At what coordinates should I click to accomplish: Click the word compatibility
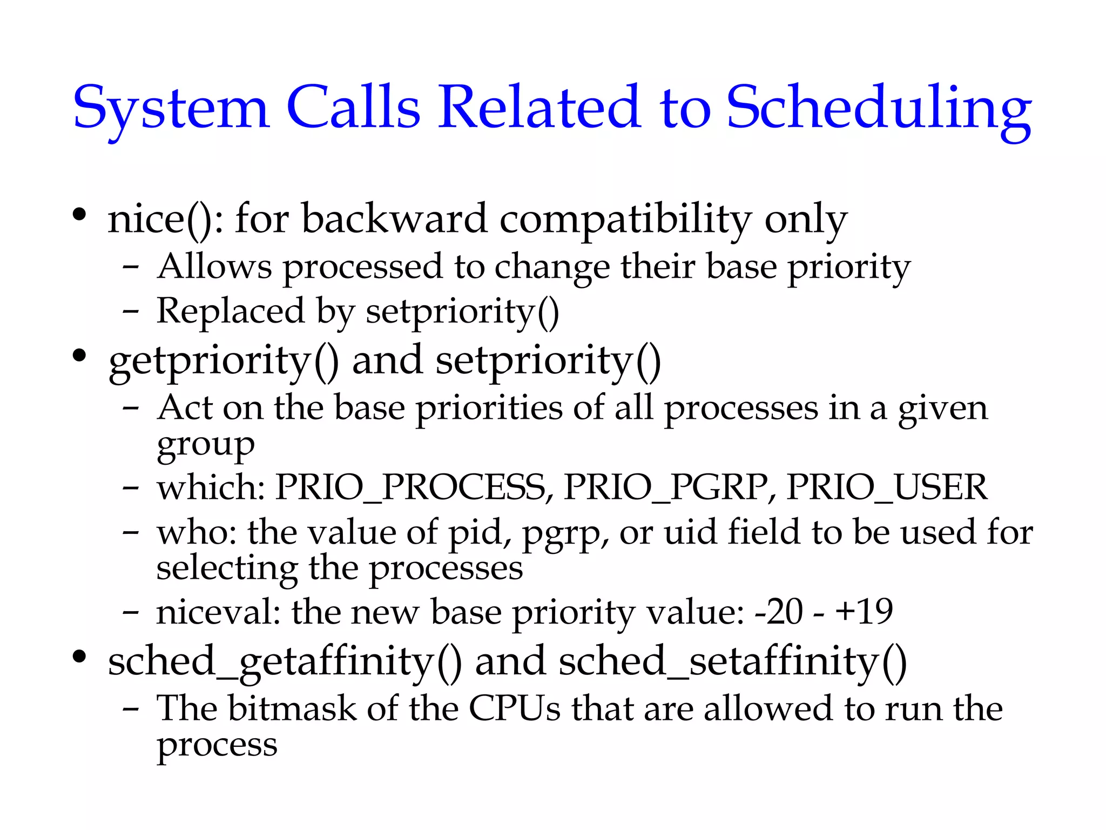tap(625, 219)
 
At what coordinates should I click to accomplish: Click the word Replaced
tap(231, 311)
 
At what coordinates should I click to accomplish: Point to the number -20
tap(778, 612)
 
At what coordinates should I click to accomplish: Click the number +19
tap(864, 612)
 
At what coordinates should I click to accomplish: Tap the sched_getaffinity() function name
tap(285, 662)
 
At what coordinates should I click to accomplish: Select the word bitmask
tap(292, 708)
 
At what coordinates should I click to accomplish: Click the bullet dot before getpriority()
tap(79, 356)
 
